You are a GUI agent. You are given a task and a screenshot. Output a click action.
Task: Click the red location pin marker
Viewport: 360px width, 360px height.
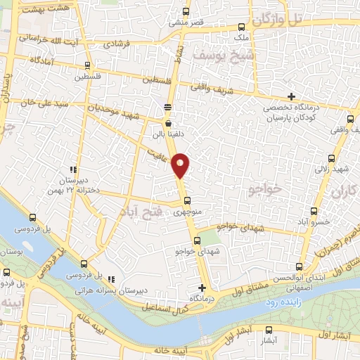(x=181, y=165)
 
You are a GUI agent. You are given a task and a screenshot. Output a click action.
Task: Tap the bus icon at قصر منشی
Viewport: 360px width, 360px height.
(x=186, y=11)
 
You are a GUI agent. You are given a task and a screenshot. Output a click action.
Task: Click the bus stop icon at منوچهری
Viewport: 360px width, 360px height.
(x=186, y=199)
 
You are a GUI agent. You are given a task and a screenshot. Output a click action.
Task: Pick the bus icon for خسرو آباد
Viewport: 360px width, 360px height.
(x=314, y=210)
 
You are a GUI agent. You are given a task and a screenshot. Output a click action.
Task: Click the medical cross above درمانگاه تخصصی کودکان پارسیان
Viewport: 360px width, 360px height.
(x=291, y=96)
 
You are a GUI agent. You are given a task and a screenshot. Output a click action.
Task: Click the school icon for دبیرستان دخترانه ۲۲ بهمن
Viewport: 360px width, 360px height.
(x=72, y=169)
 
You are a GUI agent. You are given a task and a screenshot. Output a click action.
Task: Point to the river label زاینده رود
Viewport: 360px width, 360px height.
(x=281, y=301)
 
